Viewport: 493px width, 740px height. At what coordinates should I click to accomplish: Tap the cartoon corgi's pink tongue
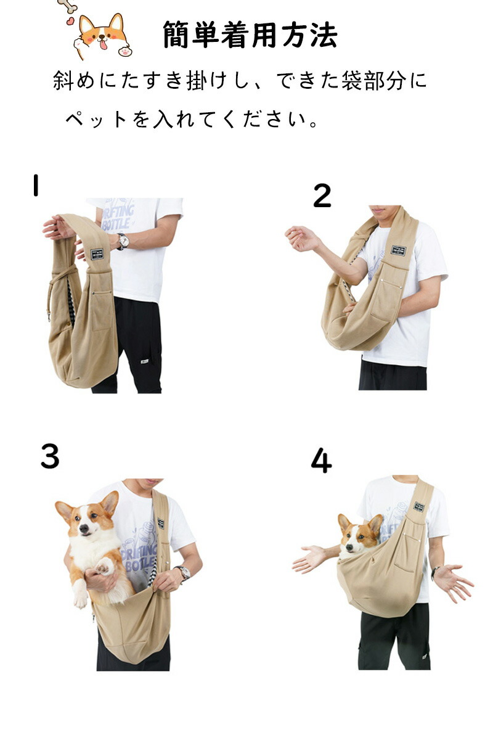104,44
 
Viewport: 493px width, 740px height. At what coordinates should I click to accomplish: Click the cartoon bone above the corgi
68,5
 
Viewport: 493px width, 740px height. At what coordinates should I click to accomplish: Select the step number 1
36,186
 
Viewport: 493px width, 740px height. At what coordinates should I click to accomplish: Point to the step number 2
322,195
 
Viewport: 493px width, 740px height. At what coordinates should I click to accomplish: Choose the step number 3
50,456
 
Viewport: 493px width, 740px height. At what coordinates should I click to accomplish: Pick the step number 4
321,461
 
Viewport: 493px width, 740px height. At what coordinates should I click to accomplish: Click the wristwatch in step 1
123,241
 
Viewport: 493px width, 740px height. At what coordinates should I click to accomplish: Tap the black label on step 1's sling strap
97,253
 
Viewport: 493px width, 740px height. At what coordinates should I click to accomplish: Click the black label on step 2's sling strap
399,251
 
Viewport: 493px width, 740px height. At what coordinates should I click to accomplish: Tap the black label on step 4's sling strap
418,506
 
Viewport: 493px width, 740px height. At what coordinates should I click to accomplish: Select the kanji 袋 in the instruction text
352,80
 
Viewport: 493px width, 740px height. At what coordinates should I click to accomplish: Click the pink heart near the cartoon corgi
70,22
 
